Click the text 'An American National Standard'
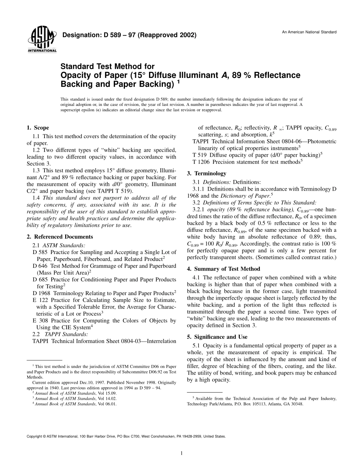click(x=309, y=32)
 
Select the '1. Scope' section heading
click(x=38, y=128)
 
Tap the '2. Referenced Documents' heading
click(x=60, y=237)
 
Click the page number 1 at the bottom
click(x=182, y=453)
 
